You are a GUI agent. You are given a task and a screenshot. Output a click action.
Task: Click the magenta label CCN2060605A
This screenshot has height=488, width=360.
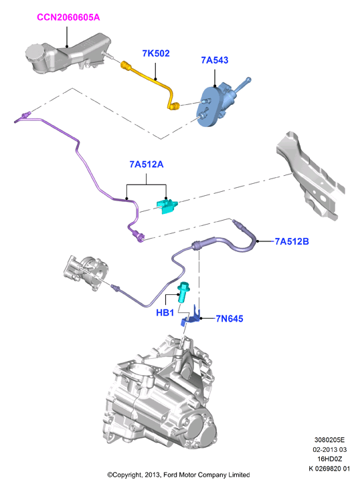68,17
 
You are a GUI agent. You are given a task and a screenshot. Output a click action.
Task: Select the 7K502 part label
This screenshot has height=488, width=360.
156,53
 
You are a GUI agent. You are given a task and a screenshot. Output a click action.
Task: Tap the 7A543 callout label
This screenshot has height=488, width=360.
215,60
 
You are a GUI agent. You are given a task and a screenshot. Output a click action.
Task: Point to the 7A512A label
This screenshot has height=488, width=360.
147,164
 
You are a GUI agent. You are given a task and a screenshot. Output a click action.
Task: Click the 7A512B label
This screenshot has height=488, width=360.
292,241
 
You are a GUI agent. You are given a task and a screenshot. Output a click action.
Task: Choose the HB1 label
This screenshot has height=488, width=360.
165,312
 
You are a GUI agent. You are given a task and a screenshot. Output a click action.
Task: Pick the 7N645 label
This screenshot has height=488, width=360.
230,319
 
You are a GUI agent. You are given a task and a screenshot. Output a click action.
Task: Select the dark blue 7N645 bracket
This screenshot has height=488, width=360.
191,316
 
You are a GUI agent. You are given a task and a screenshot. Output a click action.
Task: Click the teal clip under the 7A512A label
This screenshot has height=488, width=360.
167,206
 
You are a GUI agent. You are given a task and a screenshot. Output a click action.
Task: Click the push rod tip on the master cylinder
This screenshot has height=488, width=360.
248,80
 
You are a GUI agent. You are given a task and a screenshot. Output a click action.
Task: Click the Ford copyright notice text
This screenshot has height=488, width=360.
179,475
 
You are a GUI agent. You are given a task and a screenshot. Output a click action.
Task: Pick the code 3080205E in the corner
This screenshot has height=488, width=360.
329,440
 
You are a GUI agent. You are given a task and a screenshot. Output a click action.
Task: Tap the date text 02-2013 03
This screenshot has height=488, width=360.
329,449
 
